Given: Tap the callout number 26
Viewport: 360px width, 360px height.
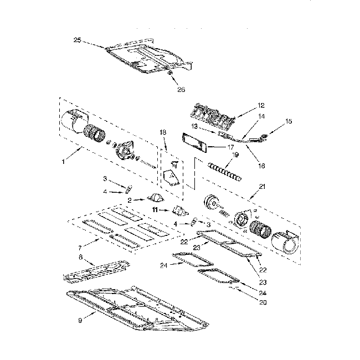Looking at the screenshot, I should [181, 89].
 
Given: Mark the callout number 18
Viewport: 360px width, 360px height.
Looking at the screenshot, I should [163, 132].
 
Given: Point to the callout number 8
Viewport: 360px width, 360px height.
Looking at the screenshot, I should [81, 257].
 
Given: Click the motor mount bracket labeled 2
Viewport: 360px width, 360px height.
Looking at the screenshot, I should [155, 199].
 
